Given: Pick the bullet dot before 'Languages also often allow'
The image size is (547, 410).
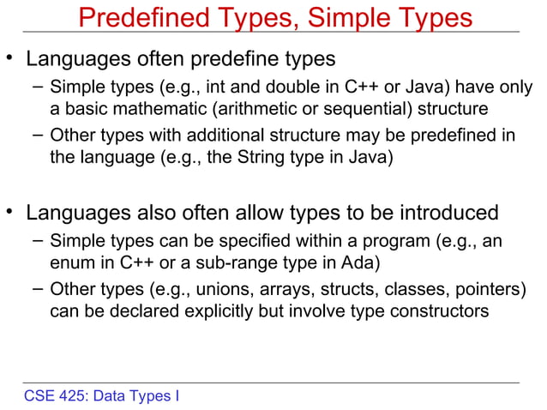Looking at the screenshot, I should click(11, 210).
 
